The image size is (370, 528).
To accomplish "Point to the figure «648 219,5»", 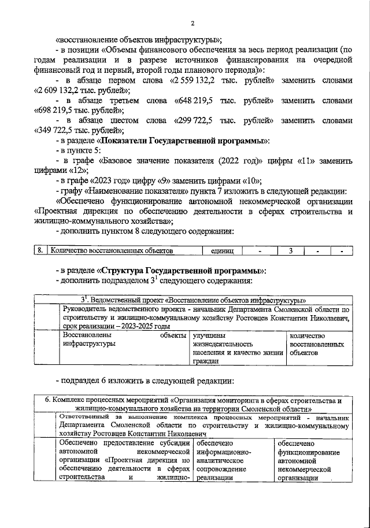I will (x=198, y=100).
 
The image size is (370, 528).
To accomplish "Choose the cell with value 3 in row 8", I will (x=291, y=251).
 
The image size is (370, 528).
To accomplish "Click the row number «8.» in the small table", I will (x=40, y=251).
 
